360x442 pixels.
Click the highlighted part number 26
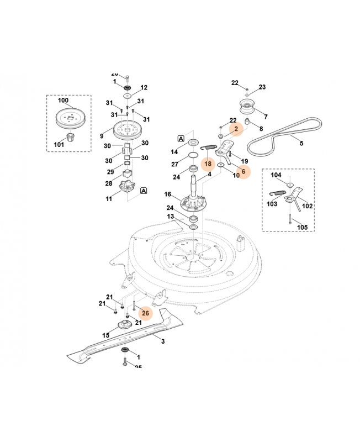point(146,313)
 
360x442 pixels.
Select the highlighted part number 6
point(243,171)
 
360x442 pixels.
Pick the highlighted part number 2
point(236,129)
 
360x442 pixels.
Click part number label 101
point(59,145)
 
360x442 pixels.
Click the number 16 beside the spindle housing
point(167,194)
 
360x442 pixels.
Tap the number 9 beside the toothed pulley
point(102,135)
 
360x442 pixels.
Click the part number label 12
point(144,87)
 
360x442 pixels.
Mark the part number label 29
point(110,171)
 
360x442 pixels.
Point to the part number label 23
point(262,87)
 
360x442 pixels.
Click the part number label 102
point(307,206)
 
